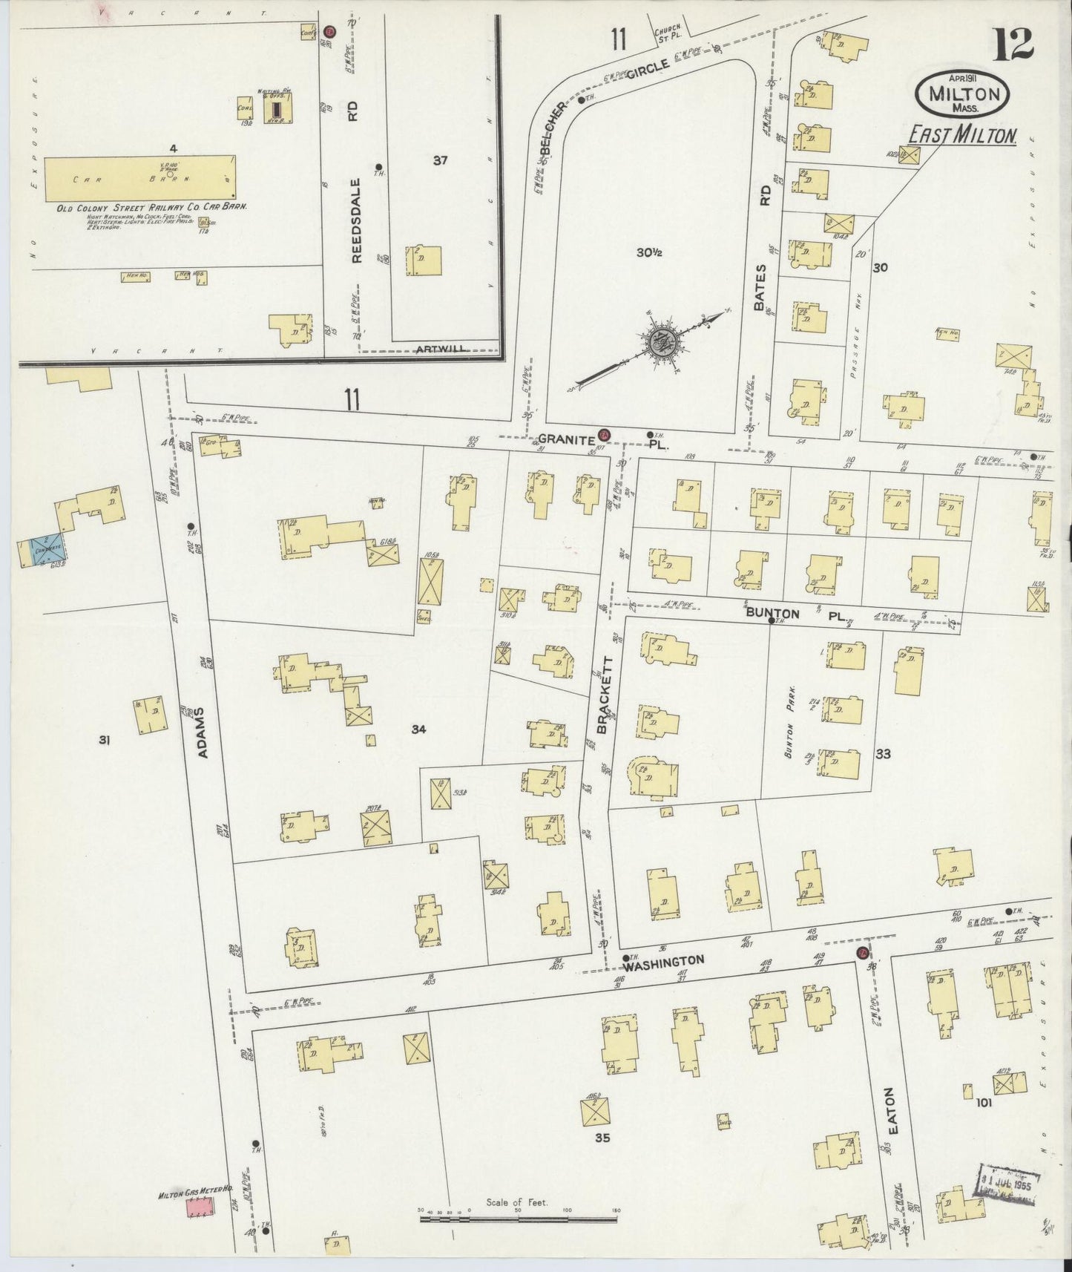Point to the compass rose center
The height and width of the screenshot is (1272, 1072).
point(660,343)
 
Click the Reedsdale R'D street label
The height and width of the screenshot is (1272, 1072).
point(356,220)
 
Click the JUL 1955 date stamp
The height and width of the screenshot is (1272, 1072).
point(1009,1178)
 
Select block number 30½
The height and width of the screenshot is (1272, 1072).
point(648,252)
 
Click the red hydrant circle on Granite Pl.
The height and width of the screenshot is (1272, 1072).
point(604,434)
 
